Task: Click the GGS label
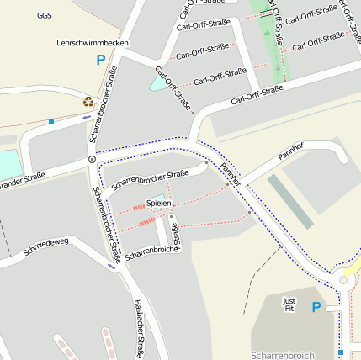tap(45, 15)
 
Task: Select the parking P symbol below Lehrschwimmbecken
tap(101, 60)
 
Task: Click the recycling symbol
tap(88, 102)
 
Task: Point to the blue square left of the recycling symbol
tap(51, 121)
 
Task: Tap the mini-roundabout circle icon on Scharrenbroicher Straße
tap(92, 159)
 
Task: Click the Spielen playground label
tap(158, 203)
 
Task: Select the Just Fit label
tap(289, 304)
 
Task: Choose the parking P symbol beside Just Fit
tap(316, 307)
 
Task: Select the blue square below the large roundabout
tap(341, 352)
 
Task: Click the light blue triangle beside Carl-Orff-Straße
tap(159, 82)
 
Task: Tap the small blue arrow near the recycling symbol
tap(86, 117)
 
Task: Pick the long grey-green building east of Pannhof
tap(290, 199)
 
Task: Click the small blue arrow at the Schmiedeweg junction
tap(112, 266)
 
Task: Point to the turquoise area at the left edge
tap(8, 165)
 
